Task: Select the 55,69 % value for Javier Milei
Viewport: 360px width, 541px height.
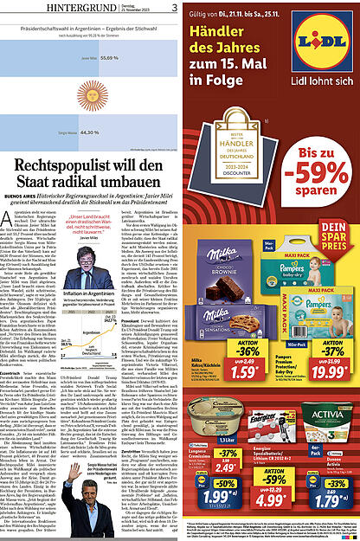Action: coord(110,57)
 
